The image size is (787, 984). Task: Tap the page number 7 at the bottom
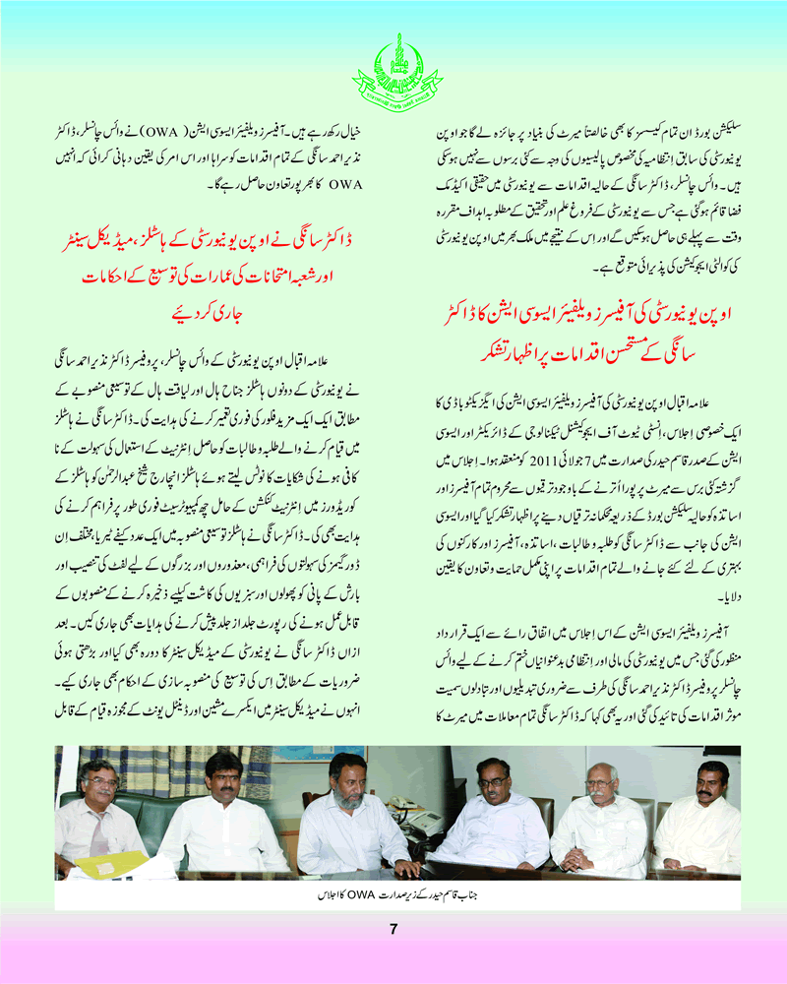tap(393, 930)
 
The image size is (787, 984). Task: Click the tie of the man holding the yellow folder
tap(99, 832)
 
